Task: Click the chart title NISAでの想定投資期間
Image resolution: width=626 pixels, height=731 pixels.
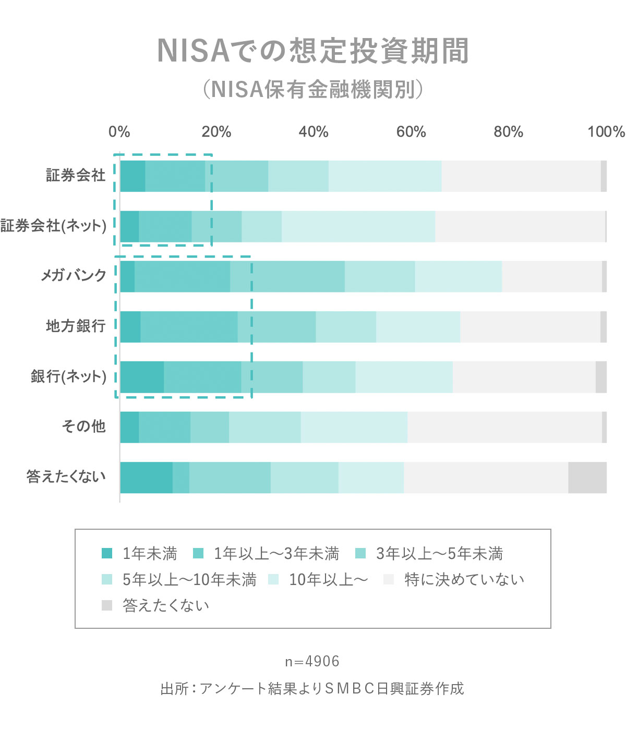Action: [x=313, y=51]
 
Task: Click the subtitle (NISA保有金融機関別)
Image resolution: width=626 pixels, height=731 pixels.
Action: [x=313, y=90]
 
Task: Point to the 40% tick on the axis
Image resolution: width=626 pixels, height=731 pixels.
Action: [x=314, y=132]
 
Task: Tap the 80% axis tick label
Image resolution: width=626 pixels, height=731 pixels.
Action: [x=508, y=132]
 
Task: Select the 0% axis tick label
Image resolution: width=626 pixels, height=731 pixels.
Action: [x=119, y=132]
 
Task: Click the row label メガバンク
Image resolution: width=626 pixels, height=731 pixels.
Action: [x=74, y=276]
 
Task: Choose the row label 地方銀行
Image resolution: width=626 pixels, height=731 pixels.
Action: [x=76, y=326]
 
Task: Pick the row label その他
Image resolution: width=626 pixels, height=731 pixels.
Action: [x=83, y=427]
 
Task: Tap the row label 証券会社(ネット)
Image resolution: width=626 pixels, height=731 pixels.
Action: [x=53, y=226]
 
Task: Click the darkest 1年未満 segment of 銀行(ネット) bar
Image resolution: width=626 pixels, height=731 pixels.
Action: [x=142, y=377]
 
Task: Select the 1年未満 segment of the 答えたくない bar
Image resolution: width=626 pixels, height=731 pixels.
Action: [x=146, y=478]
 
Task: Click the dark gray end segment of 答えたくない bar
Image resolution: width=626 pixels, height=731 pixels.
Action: [x=587, y=478]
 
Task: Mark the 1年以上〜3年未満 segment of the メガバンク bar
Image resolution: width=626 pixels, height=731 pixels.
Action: [x=182, y=276]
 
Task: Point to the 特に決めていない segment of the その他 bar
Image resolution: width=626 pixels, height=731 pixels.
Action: [x=504, y=427]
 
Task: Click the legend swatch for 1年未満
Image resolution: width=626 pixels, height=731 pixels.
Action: [x=107, y=553]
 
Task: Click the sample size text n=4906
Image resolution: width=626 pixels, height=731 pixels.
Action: [x=312, y=661]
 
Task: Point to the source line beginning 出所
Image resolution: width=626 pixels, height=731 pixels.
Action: [x=312, y=689]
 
